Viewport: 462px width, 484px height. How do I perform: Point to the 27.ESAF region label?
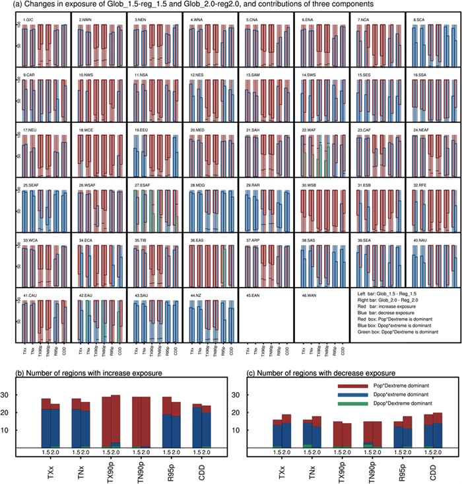(145, 185)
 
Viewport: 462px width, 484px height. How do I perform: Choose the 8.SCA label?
(419, 20)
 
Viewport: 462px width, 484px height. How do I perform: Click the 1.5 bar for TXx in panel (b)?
(46, 423)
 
